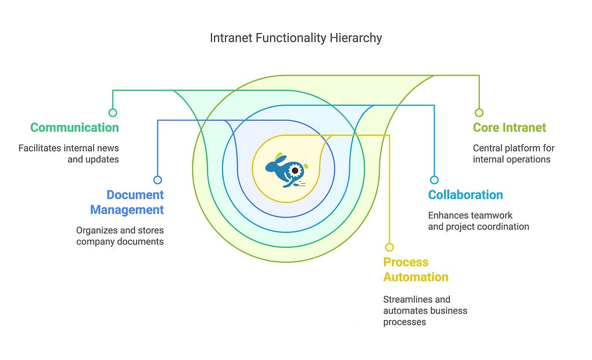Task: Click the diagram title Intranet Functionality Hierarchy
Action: click(295, 38)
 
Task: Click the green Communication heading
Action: click(75, 128)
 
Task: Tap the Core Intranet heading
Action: click(509, 128)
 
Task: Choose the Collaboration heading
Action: click(465, 195)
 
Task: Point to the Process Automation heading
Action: click(416, 269)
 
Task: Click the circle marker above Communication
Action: click(113, 113)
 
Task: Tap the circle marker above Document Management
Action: click(158, 180)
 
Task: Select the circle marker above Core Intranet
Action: click(479, 113)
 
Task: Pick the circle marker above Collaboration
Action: click(434, 180)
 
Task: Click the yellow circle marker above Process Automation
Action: click(389, 247)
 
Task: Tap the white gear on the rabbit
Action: click(295, 170)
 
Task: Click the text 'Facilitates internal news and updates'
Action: click(69, 154)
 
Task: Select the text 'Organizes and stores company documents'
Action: click(120, 236)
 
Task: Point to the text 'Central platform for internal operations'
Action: click(513, 154)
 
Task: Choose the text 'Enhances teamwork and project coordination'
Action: click(478, 221)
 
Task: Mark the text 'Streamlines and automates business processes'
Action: click(425, 310)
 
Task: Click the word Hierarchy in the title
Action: click(357, 38)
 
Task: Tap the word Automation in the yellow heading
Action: click(416, 277)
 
